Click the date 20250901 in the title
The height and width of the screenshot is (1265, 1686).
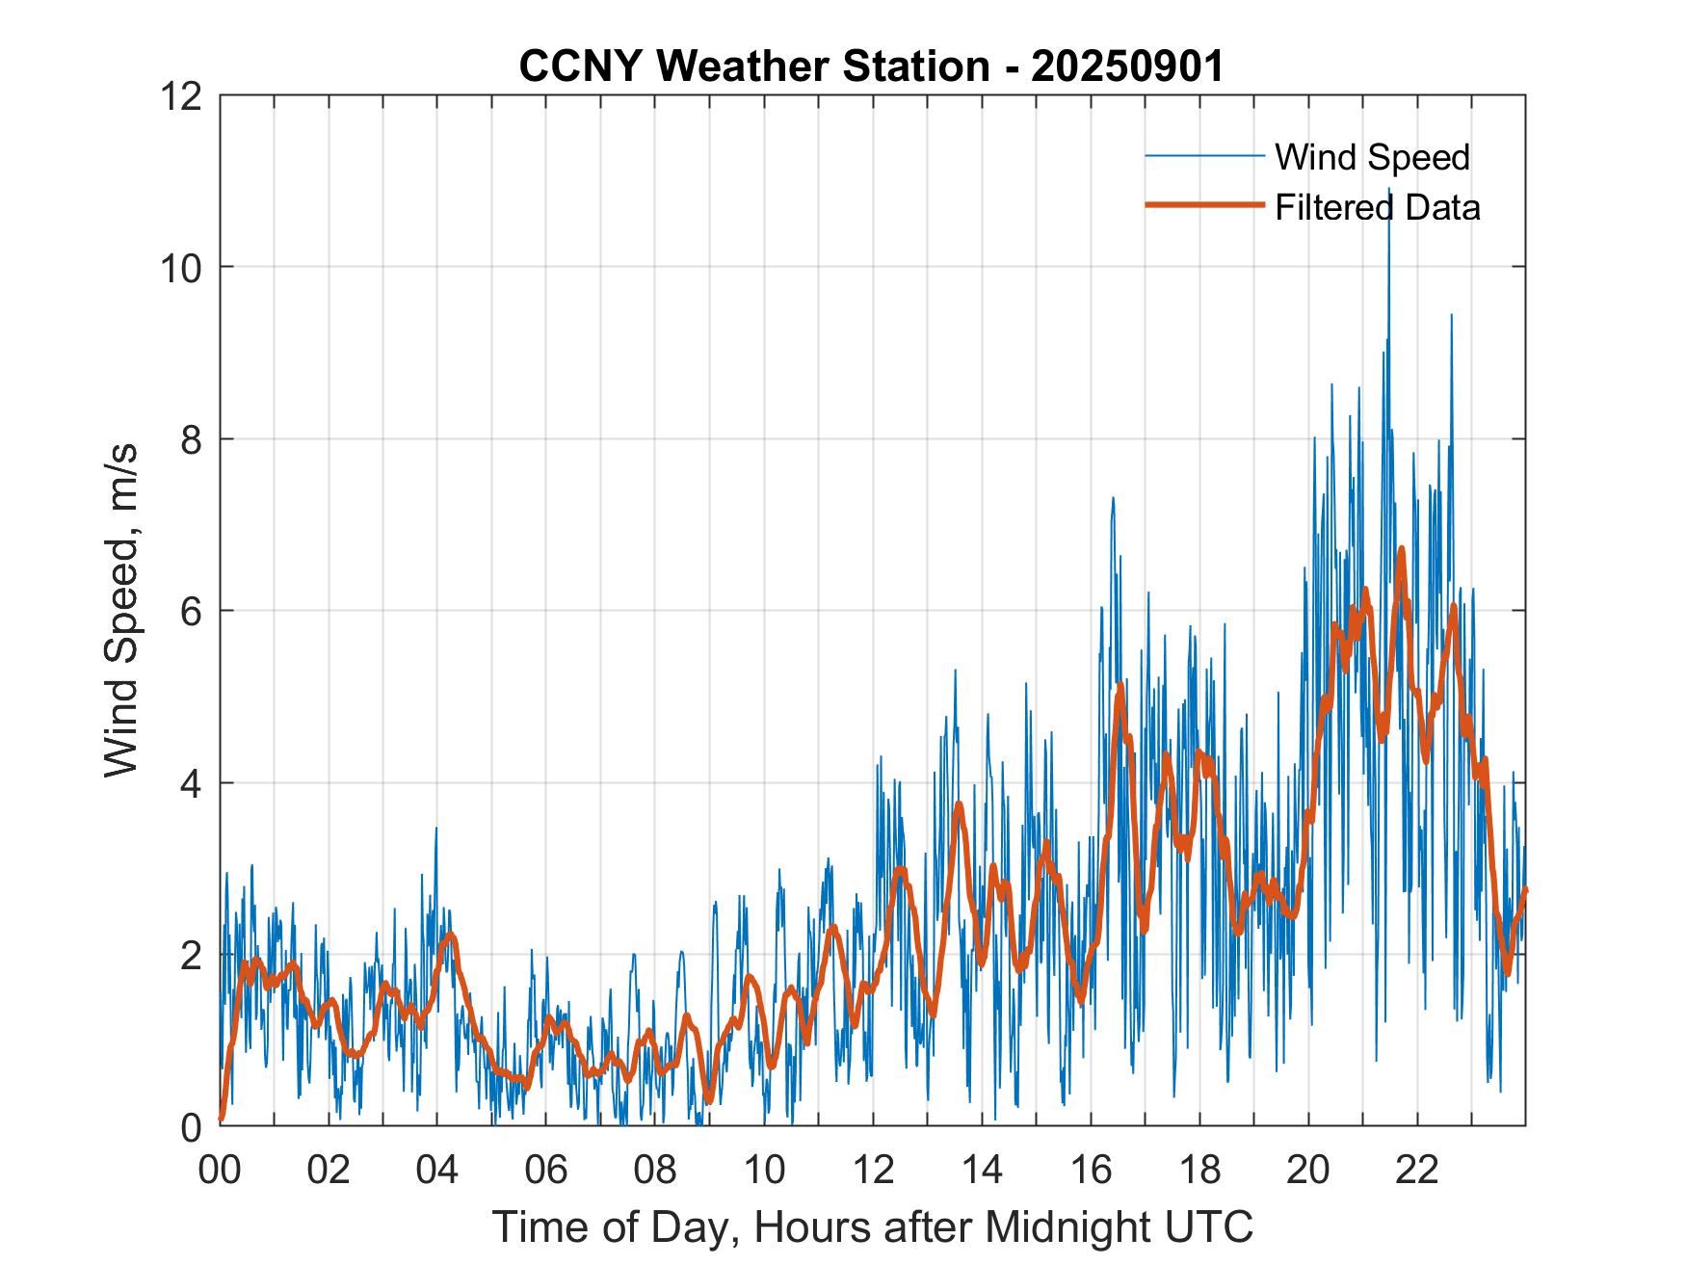pos(1127,66)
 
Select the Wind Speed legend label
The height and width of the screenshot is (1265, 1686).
pos(1372,157)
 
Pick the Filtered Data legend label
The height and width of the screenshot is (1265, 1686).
pos(1377,207)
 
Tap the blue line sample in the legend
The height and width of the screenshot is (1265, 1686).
pos(1204,156)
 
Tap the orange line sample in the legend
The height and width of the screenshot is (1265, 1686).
pos(1204,205)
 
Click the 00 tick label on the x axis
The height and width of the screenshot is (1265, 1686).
pos(220,1170)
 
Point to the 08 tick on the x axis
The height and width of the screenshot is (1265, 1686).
pos(655,1170)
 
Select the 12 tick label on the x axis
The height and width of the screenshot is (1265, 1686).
pos(873,1170)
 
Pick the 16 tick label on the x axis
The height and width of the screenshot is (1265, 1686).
pos(1091,1170)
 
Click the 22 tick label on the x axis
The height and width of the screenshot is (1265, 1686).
pos(1417,1170)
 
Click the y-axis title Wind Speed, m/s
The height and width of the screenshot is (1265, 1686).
pos(121,610)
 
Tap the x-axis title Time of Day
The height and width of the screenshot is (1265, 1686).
pos(872,1227)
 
